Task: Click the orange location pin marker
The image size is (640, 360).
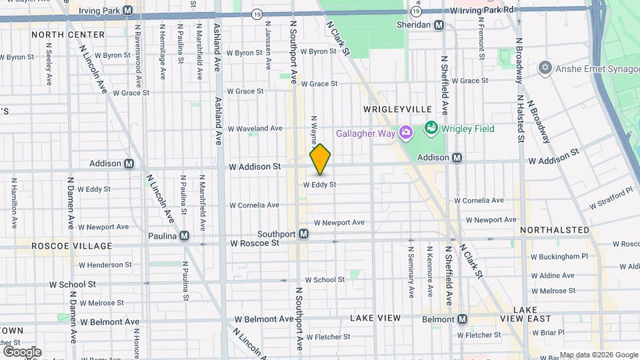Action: [x=321, y=159]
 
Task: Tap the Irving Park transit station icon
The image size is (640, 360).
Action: [x=128, y=11]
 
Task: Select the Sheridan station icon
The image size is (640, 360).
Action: [x=439, y=25]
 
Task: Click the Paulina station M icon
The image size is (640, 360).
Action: [x=184, y=235]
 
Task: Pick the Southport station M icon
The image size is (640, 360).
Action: [x=303, y=234]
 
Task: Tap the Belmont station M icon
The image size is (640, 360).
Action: [x=462, y=319]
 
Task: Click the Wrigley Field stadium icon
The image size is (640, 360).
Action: [x=431, y=127]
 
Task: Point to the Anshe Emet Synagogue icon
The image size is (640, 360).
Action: [x=545, y=68]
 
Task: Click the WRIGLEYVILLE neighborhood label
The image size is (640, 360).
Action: [x=397, y=109]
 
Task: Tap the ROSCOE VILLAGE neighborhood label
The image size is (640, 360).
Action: [x=72, y=246]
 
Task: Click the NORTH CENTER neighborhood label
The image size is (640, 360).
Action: [x=67, y=34]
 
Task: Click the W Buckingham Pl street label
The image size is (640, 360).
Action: [x=559, y=256]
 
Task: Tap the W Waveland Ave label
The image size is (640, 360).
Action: [x=255, y=129]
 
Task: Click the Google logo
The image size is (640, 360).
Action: [x=22, y=352]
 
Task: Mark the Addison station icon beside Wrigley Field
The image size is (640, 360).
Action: [x=457, y=158]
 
